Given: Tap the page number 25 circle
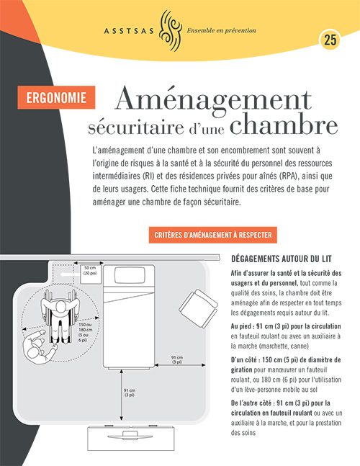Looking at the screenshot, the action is [330, 40].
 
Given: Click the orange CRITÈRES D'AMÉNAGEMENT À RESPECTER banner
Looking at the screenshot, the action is [215, 236].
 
